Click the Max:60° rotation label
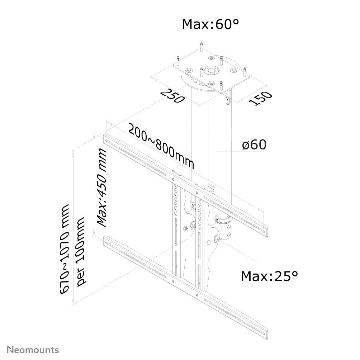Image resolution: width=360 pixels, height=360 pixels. pyautogui.click(x=210, y=24)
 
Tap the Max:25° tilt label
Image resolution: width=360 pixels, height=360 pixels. pyautogui.click(x=269, y=276)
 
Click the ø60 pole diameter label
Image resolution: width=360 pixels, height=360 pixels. pyautogui.click(x=254, y=145)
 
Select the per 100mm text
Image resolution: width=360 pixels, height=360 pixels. pyautogui.click(x=81, y=251)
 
